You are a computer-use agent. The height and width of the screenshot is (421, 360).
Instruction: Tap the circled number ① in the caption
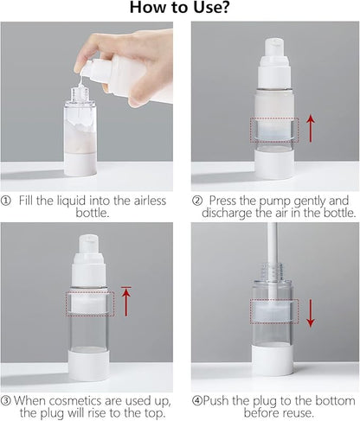8,199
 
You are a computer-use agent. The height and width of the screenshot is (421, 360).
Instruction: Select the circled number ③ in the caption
7,400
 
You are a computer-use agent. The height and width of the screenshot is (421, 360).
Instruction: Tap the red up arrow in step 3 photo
126,301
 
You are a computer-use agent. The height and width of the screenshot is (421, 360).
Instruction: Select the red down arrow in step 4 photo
310,312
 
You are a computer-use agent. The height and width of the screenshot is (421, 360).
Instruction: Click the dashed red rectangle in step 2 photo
273,130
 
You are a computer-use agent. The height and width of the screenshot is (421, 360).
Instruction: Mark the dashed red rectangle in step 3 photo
89,303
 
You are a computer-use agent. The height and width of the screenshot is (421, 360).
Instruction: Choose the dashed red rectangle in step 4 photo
273,311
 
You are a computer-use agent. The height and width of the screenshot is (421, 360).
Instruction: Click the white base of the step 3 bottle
89,364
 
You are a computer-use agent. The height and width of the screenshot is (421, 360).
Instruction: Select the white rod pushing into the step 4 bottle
273,251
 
